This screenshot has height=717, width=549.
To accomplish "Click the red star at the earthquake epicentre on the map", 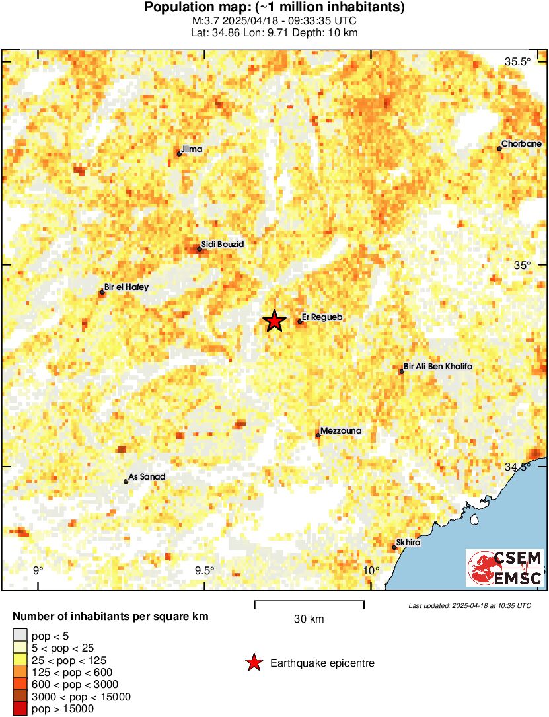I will point(274,321).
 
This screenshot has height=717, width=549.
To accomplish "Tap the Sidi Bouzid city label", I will point(223,245).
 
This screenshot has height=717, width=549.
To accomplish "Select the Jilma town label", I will point(192,149).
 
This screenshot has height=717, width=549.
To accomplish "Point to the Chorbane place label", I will point(521,143).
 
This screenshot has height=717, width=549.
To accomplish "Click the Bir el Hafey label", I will point(128,287).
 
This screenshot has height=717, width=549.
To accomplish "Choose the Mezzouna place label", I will point(342,431).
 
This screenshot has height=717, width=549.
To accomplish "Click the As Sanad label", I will point(146,476).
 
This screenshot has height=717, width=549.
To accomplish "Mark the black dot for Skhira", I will point(394,547).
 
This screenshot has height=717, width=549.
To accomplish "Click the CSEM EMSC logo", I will point(505,568).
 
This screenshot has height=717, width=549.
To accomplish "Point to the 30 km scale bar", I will point(309,602).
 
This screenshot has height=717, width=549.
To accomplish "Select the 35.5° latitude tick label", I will point(518,62).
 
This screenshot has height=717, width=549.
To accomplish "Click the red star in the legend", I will point(252,663).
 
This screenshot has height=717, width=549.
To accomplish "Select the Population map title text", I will point(274,8).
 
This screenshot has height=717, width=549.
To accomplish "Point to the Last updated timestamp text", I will point(469,605).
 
